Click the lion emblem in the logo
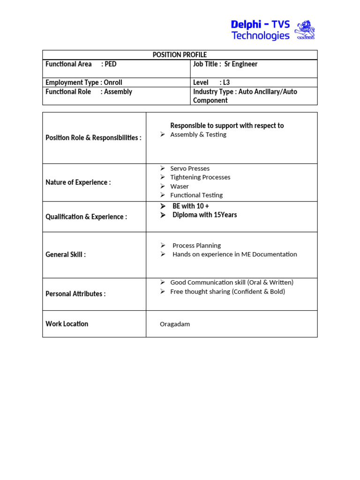(x=305, y=30)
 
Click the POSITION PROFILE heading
(x=180, y=55)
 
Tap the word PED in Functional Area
(x=111, y=64)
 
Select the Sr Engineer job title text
(x=241, y=64)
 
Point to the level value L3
(x=226, y=82)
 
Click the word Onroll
(x=113, y=82)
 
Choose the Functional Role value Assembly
(x=118, y=92)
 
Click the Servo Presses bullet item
(x=190, y=168)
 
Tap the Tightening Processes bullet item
(x=200, y=177)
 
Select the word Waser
(x=180, y=186)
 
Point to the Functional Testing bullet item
(x=196, y=195)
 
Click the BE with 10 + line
(x=191, y=206)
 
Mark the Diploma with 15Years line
(x=204, y=215)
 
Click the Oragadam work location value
(x=175, y=324)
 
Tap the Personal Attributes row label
(x=75, y=294)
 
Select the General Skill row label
(x=66, y=255)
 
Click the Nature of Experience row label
(x=78, y=182)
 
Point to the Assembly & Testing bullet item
(x=198, y=135)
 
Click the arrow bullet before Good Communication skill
(x=162, y=282)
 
